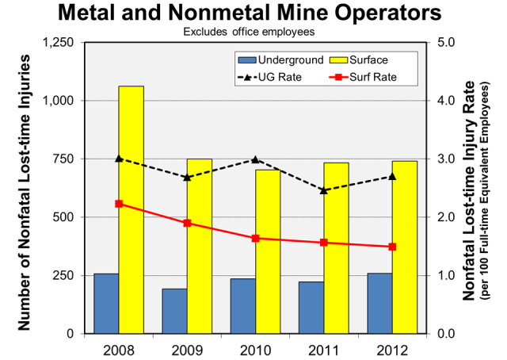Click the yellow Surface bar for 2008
132,209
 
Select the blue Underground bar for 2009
174,311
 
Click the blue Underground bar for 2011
311,307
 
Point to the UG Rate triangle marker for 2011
323,190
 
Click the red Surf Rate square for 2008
119,204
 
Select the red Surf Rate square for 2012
392,247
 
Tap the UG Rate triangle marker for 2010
255,160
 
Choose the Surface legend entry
369,59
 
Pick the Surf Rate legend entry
369,78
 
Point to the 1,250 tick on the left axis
67,43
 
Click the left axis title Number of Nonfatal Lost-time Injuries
25,193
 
